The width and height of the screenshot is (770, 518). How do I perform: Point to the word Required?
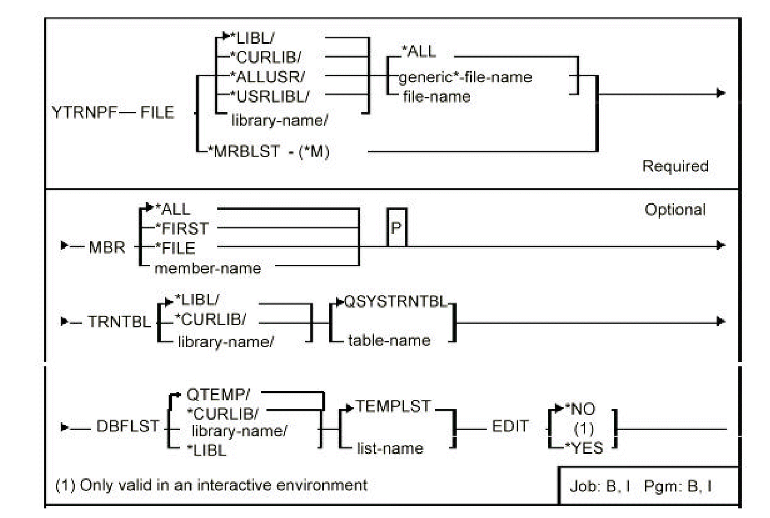[x=675, y=166]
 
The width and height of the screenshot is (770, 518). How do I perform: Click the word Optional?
[x=675, y=210]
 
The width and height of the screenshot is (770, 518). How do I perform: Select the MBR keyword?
[x=107, y=248]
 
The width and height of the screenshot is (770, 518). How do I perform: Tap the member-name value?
[x=208, y=269]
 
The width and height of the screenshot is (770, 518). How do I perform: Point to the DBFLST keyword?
[x=128, y=426]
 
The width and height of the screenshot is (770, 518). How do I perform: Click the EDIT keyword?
[x=511, y=426]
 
